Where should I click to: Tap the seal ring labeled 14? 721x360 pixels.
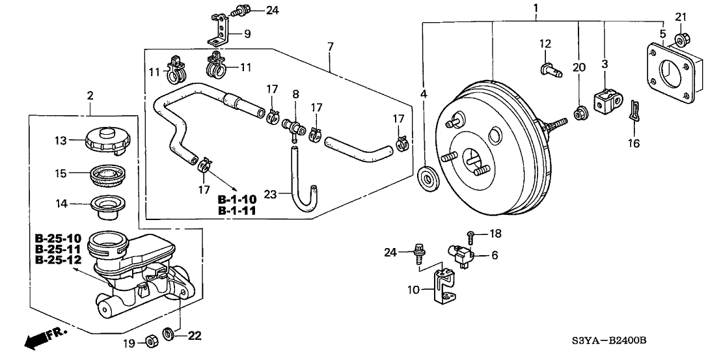point(108,204)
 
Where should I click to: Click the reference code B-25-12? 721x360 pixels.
point(59,260)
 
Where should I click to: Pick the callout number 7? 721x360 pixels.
point(331,47)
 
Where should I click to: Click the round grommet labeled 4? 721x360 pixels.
point(427,178)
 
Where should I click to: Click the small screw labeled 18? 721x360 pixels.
point(471,235)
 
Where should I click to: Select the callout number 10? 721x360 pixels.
point(413,290)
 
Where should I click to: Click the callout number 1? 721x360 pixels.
point(536,8)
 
